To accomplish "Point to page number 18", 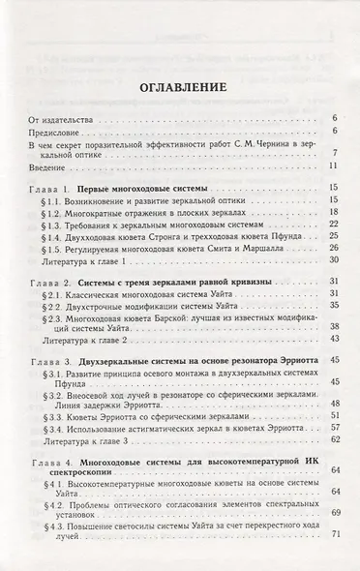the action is (x=331, y=211).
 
